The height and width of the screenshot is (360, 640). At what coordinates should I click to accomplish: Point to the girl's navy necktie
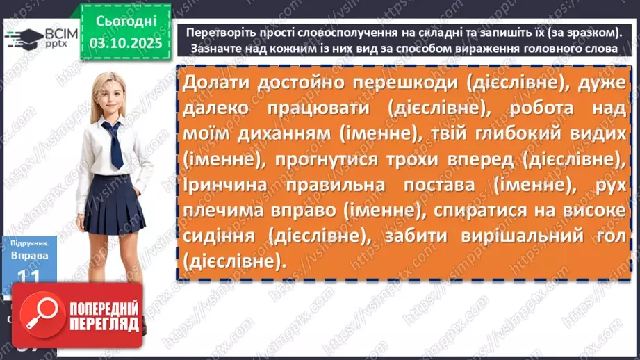click(x=113, y=144)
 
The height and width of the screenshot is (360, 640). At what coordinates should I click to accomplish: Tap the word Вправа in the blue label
click(x=28, y=255)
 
